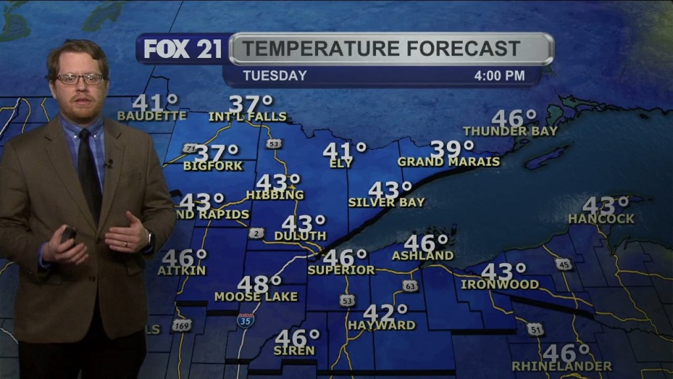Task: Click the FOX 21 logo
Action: tap(183, 49)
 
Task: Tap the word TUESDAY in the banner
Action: tap(275, 76)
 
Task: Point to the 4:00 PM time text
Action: tap(499, 76)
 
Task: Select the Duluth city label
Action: tap(300, 236)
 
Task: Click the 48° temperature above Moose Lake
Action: tap(259, 284)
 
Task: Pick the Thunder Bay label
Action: tap(510, 131)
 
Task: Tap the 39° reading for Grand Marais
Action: tap(452, 149)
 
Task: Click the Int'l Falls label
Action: tap(248, 116)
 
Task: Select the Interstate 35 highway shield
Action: tap(245, 320)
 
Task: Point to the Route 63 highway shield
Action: tap(410, 286)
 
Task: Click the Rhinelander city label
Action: tap(562, 366)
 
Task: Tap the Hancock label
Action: tap(601, 218)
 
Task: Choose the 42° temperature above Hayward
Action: tap(385, 313)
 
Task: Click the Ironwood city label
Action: tap(499, 285)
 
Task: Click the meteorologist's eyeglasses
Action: tap(80, 79)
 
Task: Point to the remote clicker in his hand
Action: tap(68, 234)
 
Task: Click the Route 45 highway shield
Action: tap(563, 264)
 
